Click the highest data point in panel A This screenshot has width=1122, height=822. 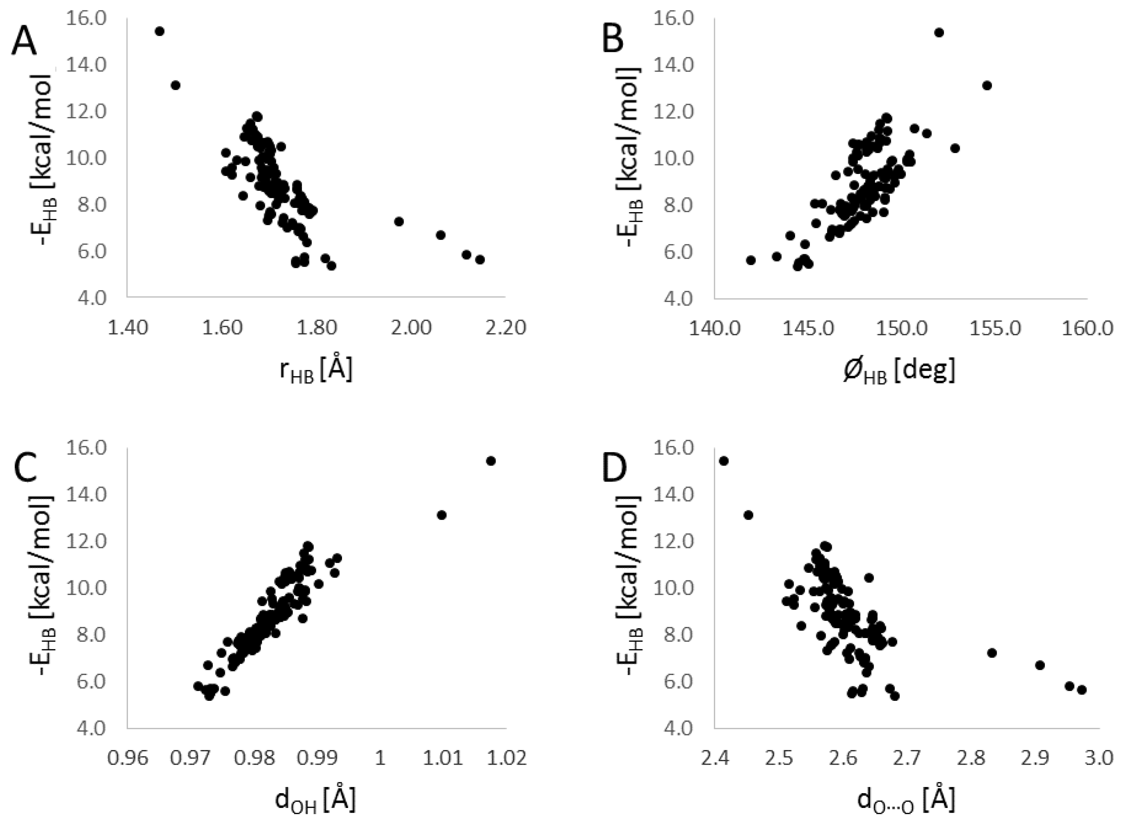(160, 31)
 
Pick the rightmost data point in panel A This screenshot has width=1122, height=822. (480, 260)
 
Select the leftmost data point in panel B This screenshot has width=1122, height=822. (751, 260)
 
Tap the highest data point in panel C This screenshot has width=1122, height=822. (491, 461)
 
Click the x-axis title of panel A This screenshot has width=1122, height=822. (316, 372)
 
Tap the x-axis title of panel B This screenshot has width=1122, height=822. (899, 372)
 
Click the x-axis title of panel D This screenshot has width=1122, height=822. (905, 801)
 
